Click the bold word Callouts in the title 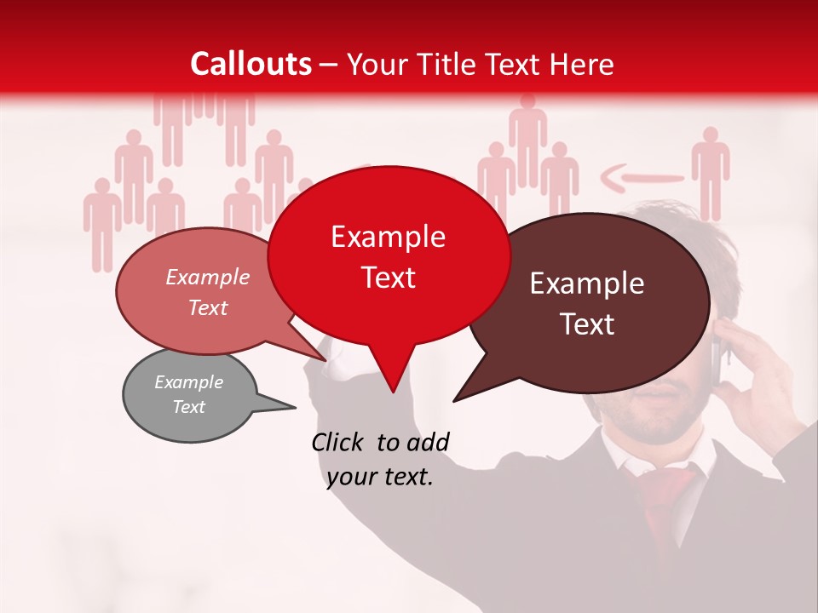click(251, 64)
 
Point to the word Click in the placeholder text click(339, 442)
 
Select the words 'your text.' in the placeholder click(380, 478)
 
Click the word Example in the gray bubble click(188, 382)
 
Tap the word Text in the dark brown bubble click(588, 324)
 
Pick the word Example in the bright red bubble click(388, 237)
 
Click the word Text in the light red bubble click(208, 307)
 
